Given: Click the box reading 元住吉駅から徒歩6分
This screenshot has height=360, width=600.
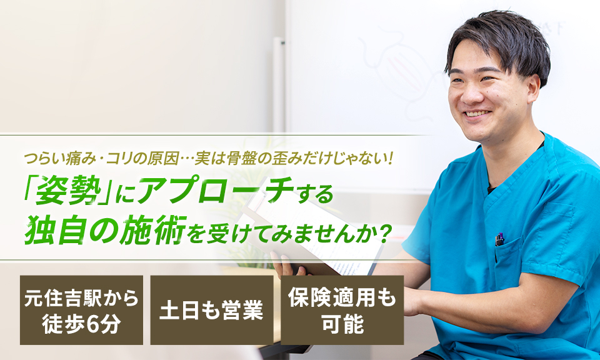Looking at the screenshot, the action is tap(81, 310).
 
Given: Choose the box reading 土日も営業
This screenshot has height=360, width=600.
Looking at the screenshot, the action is tap(212, 310).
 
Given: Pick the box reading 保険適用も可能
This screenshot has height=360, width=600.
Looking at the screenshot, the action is tap(342, 310).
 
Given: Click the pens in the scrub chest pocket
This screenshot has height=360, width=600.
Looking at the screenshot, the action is tap(499, 240).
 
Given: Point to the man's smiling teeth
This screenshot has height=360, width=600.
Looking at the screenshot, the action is tap(477, 114).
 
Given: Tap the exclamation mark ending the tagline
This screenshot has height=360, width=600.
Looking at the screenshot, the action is tap(391, 159).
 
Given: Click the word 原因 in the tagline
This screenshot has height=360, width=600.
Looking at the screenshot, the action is tap(164, 159).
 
